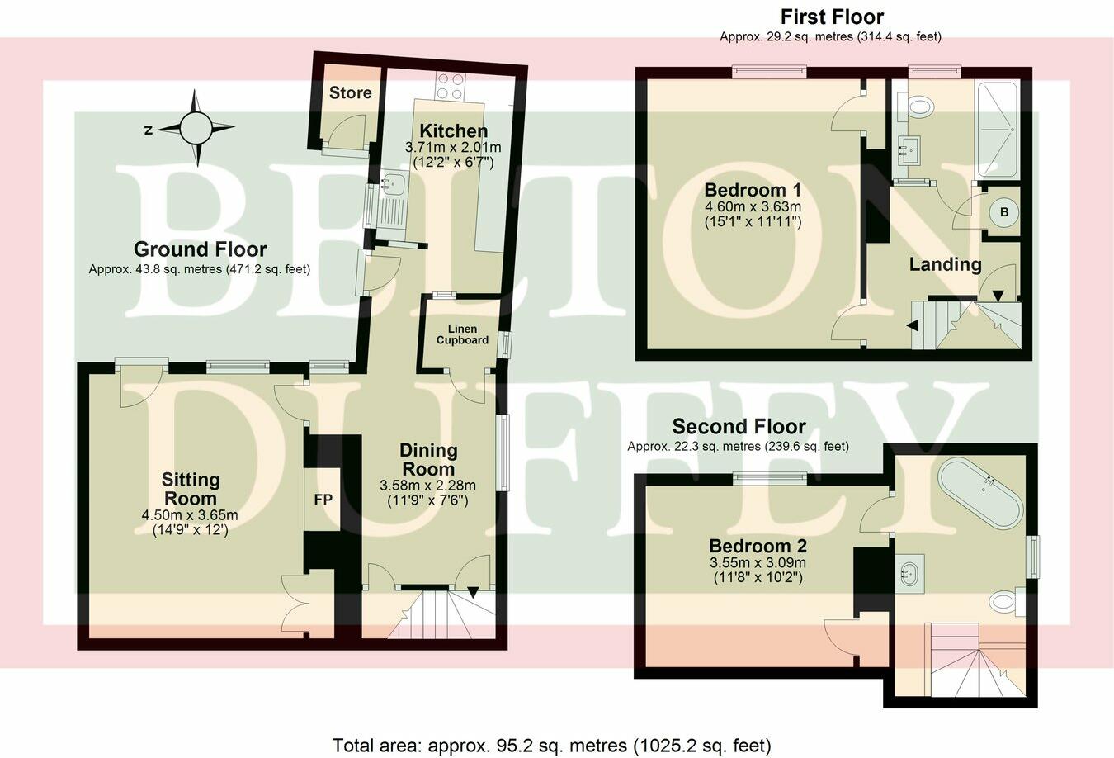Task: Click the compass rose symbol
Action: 196,128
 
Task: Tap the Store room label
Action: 350,92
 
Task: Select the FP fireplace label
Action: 323,500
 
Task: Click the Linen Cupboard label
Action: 462,334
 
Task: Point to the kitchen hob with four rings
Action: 451,86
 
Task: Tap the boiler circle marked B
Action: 1003,212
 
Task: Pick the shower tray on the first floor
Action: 997,130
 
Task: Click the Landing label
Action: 945,264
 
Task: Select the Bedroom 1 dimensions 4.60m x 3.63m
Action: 753,206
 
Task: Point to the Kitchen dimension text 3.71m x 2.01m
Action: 452,147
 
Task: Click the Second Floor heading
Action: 739,427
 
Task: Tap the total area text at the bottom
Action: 551,745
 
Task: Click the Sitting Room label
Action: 191,489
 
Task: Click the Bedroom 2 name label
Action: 758,546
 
